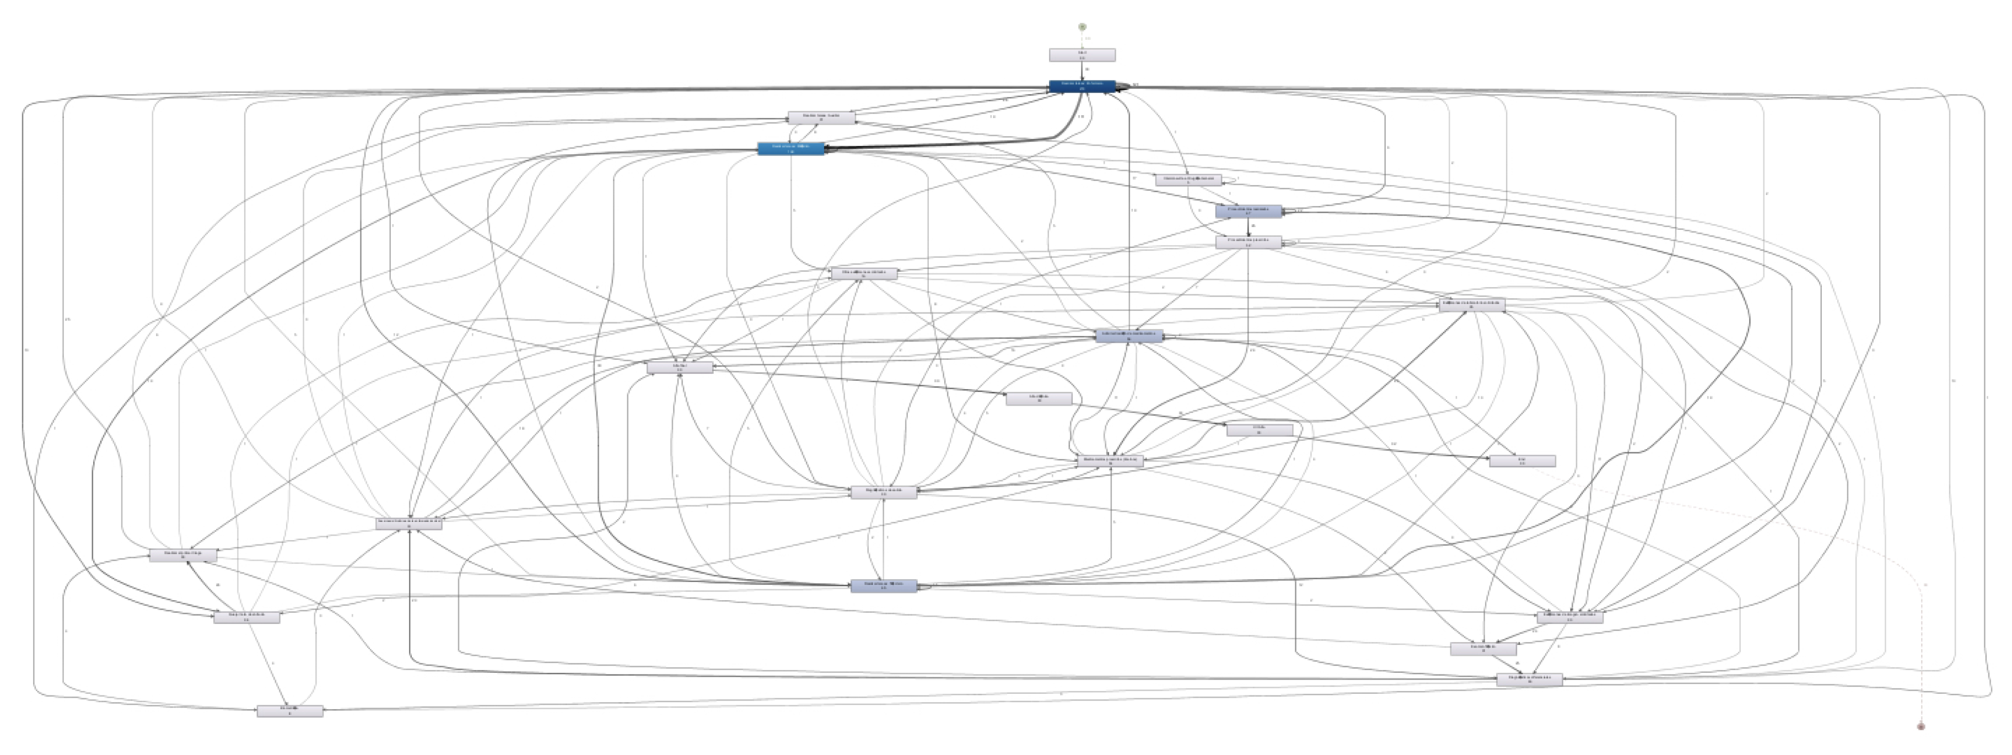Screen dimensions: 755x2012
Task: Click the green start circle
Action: [1083, 26]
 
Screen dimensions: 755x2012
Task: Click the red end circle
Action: [1920, 726]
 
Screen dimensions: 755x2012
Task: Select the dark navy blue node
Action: [1082, 86]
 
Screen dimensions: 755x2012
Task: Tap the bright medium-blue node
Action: [790, 148]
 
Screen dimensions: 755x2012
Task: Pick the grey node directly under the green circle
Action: [1082, 55]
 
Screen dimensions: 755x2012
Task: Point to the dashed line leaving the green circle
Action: [1083, 39]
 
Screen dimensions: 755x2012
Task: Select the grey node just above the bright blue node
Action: [822, 118]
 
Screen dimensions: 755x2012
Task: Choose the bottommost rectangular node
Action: [290, 711]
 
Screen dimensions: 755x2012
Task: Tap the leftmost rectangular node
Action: [183, 555]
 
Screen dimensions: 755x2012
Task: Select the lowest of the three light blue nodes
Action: [884, 586]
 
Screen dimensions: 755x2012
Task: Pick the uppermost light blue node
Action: [1248, 212]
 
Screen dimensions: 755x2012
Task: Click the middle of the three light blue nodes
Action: [1128, 336]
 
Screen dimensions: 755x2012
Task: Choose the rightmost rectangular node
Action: [1570, 617]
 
